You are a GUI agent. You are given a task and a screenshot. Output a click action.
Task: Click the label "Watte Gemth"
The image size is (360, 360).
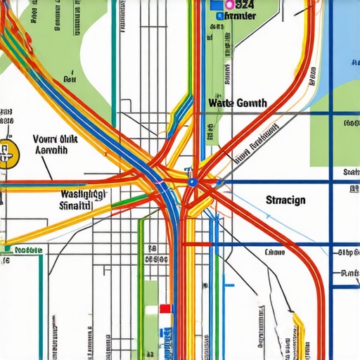(x=238, y=103)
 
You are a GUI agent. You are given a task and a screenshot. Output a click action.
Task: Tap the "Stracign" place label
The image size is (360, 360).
(x=285, y=200)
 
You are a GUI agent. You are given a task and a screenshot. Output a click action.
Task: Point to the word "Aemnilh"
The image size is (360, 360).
(x=51, y=150)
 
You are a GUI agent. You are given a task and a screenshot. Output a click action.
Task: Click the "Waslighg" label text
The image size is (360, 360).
(x=83, y=194)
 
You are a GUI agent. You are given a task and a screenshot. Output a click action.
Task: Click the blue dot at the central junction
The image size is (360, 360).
(x=192, y=182)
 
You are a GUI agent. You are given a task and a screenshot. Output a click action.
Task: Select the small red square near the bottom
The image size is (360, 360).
(x=165, y=308)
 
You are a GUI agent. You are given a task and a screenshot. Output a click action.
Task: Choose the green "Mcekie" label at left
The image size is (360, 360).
(x=28, y=250)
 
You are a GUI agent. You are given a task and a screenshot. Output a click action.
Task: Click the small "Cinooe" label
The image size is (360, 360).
(x=275, y=252)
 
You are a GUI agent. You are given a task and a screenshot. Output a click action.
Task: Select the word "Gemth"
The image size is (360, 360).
(x=252, y=103)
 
